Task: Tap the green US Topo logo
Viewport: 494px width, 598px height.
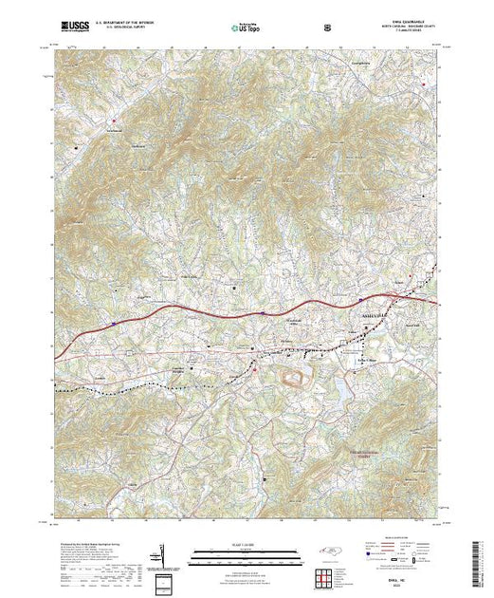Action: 247,29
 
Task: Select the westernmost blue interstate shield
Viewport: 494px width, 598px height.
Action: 112,324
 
